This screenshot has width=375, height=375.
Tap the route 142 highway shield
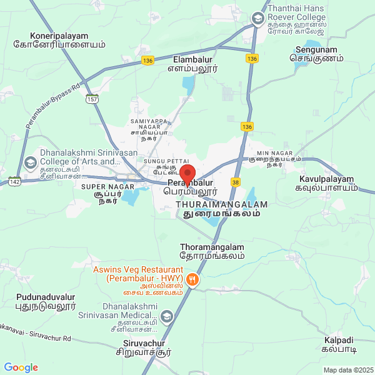[x=16, y=181]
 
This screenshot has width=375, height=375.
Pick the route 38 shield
[x=235, y=182]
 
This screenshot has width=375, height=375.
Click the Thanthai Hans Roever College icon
[x=257, y=19]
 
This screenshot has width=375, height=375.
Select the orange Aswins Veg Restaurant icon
[x=194, y=281]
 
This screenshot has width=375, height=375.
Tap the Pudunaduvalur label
[x=46, y=301]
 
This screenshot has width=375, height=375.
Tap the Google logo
[x=21, y=367]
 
